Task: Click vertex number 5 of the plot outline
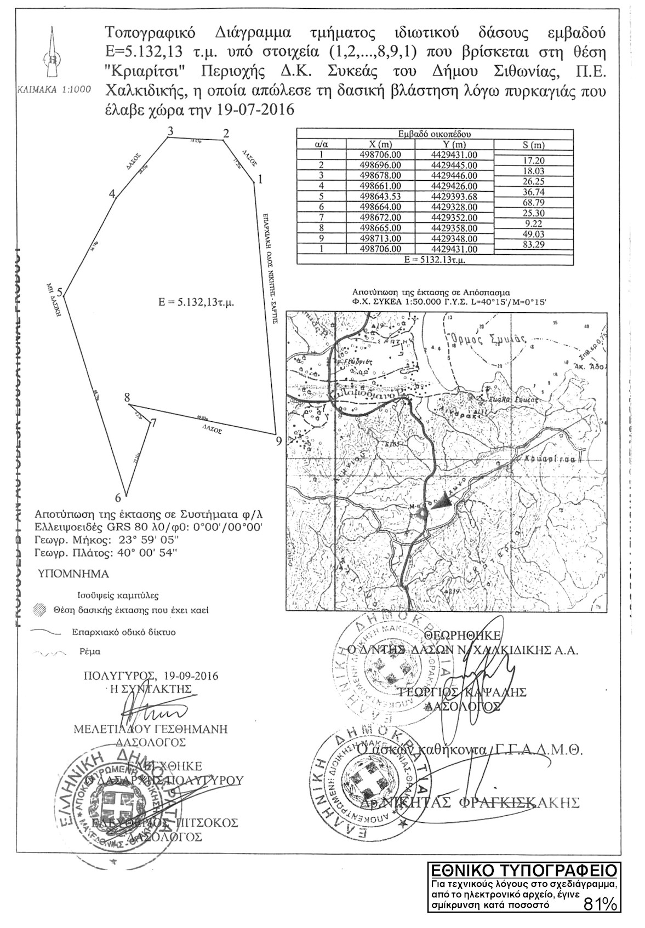point(64,296)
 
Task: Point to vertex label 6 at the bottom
point(117,498)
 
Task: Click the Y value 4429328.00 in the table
point(454,207)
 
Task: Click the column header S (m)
point(533,145)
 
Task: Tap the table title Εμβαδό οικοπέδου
point(435,134)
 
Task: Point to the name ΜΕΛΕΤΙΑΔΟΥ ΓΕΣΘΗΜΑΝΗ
point(151,729)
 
